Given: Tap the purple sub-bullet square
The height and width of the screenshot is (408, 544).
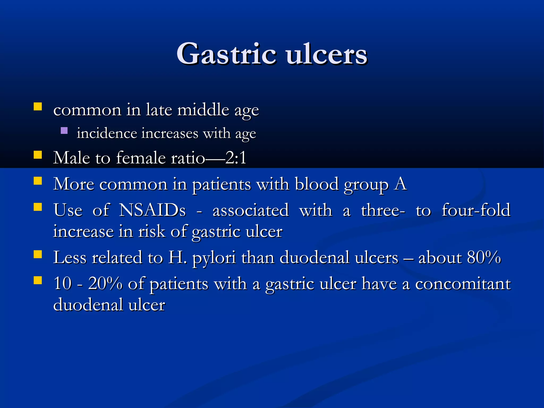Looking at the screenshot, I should [64, 130].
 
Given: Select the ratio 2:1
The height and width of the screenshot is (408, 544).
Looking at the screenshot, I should [236, 158].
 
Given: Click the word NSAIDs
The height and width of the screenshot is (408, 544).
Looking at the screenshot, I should [152, 210].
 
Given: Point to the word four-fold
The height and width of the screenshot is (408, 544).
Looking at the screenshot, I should [476, 210].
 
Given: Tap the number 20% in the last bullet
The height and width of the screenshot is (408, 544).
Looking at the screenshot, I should [105, 283].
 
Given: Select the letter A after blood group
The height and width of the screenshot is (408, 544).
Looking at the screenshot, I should [400, 184].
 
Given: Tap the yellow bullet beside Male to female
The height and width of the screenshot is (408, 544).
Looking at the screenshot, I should [38, 155].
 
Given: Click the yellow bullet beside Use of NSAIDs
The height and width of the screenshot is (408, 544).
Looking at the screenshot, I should [38, 207].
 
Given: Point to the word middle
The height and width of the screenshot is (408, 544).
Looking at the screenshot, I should [203, 110].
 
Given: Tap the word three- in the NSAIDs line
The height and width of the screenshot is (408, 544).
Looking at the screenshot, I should [383, 210].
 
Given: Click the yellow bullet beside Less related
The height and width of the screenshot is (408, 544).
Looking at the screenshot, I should [38, 254].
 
